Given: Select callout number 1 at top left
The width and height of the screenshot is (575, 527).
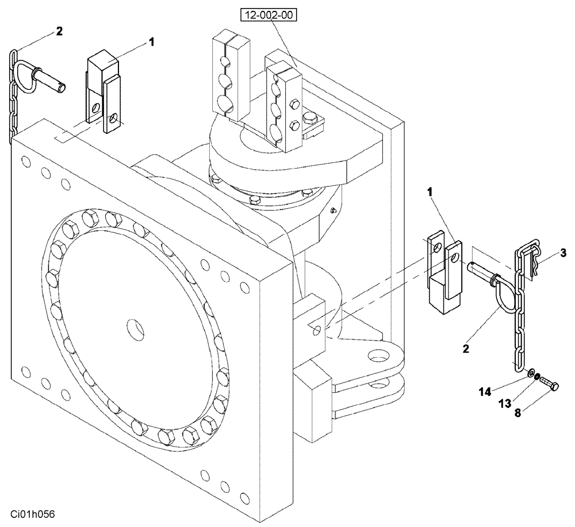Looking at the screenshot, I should pyautogui.click(x=151, y=41).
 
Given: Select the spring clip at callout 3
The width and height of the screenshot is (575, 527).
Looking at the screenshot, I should pyautogui.click(x=535, y=262).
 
